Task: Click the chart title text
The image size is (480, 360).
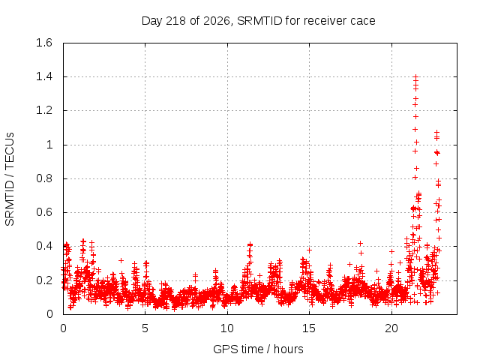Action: click(x=258, y=21)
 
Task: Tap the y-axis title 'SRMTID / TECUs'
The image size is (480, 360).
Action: click(x=10, y=179)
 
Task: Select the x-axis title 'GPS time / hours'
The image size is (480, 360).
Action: click(x=258, y=349)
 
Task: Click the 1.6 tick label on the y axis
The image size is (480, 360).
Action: click(x=44, y=43)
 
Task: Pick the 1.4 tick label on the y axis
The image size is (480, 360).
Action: click(x=44, y=76)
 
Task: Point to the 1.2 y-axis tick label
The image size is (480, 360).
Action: click(x=44, y=110)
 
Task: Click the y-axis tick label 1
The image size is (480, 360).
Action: click(x=49, y=145)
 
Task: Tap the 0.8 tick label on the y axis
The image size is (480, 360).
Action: click(x=44, y=178)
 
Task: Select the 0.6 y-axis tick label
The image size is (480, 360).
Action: click(x=44, y=212)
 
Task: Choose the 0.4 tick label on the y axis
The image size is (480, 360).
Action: click(x=44, y=246)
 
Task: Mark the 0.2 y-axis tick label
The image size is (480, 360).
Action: click(x=44, y=280)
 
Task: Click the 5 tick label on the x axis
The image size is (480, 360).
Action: click(x=145, y=328)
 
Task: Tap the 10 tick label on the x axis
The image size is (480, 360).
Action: click(x=227, y=328)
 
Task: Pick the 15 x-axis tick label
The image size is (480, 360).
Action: click(x=309, y=328)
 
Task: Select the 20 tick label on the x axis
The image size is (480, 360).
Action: click(x=391, y=328)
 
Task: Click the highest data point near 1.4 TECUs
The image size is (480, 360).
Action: click(x=415, y=76)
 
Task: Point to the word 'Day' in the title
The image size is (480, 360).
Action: click(x=151, y=21)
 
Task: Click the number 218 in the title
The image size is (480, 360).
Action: click(x=175, y=21)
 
